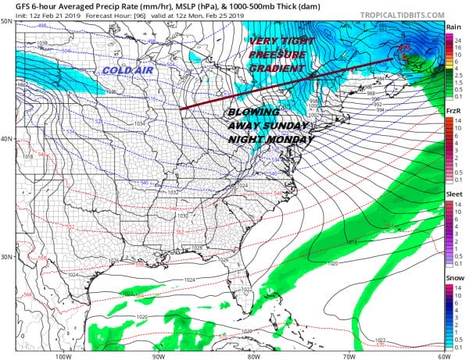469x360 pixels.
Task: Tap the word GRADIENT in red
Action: coord(276,69)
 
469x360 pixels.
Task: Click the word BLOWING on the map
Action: coord(255,111)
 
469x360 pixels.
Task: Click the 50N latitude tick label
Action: coord(7,21)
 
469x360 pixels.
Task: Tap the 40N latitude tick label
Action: coord(7,139)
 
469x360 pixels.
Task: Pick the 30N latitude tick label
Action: coord(7,257)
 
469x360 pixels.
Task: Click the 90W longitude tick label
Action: coord(159,351)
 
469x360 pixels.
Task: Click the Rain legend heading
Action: coord(452,27)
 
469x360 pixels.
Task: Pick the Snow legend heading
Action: coord(452,280)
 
